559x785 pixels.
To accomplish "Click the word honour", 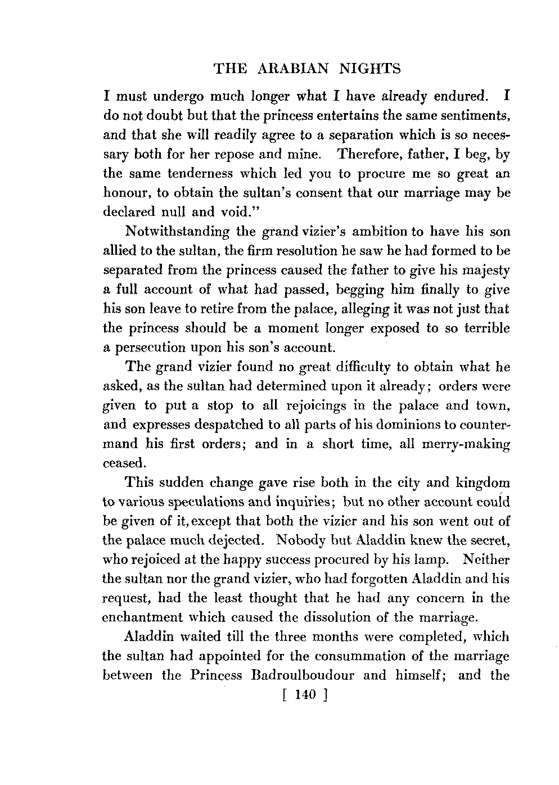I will [128, 193].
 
